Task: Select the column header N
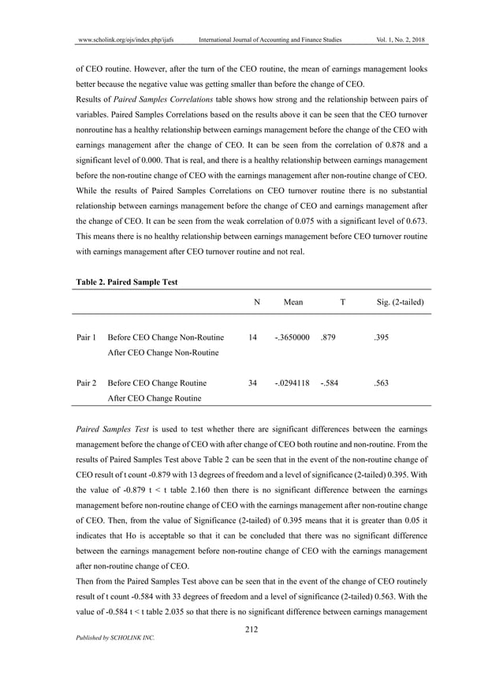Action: pyautogui.click(x=257, y=302)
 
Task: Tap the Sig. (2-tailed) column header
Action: pyautogui.click(x=398, y=302)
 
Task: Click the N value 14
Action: pyautogui.click(x=252, y=338)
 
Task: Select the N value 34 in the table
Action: pyautogui.click(x=252, y=383)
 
